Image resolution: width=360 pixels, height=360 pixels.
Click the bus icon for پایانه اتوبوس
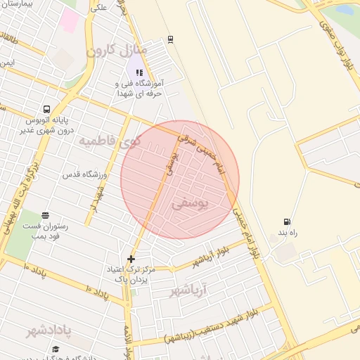pos(46,110)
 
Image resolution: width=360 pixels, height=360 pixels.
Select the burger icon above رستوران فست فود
pos(46,215)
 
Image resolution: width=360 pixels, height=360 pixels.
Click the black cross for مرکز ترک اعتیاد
pos(131,259)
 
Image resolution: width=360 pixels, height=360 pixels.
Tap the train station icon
pos(171,41)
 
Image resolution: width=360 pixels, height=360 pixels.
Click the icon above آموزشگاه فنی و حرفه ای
pos(139,72)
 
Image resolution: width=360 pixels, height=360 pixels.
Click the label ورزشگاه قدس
pos(84,173)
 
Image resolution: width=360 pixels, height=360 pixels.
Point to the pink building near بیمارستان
pos(69,19)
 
